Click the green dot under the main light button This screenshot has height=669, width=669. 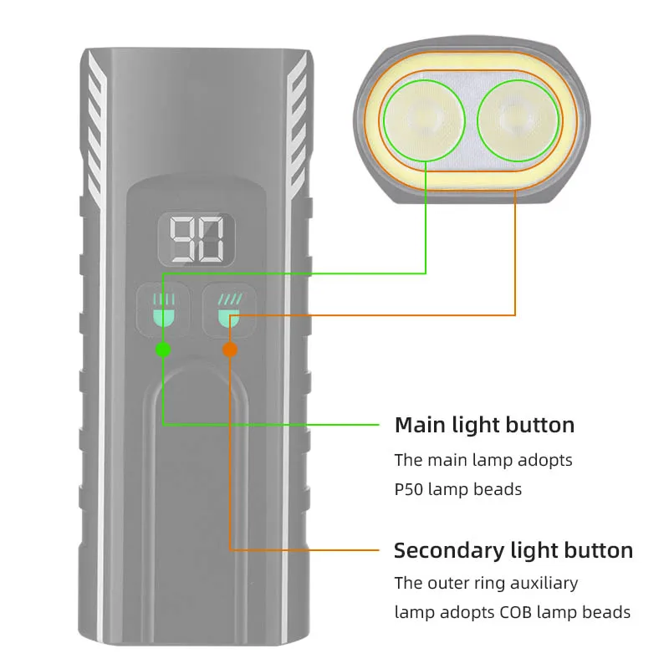click(163, 349)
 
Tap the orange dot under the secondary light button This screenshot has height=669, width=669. click(230, 349)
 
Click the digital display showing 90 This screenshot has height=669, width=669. click(197, 240)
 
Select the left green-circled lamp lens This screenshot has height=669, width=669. click(425, 119)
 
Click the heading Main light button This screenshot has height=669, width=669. click(484, 425)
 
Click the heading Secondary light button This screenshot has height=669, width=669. click(513, 550)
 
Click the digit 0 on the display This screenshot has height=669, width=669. click(211, 240)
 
